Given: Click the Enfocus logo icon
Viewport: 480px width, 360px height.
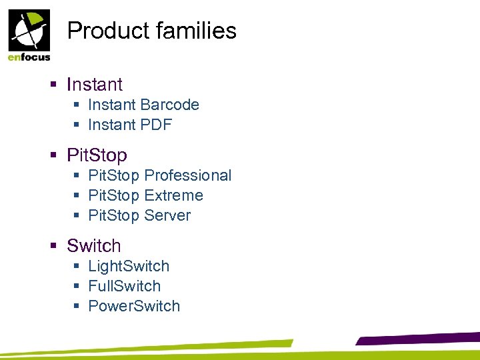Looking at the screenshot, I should point(28,31).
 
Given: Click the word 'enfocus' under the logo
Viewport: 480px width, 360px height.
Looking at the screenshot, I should point(29,57).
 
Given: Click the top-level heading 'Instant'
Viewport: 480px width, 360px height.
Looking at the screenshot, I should point(95,85).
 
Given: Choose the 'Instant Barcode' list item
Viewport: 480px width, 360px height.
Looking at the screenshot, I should point(143,105).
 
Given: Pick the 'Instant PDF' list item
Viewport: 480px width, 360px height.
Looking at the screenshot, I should point(130,125).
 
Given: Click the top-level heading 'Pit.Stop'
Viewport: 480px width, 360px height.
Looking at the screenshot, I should point(97,155).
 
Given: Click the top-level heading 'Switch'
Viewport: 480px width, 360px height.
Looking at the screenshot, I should point(94,246).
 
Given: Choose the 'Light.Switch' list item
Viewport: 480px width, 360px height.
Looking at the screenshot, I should point(129,266).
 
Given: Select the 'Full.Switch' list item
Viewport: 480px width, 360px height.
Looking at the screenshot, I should point(125,286).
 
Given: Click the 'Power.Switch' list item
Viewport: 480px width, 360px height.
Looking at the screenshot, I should point(134,306).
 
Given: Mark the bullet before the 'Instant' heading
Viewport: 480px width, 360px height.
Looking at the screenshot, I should point(54,85).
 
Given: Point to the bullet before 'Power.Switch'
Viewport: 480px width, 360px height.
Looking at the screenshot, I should point(77,306).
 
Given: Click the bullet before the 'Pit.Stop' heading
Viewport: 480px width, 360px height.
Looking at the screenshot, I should point(54,155).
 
